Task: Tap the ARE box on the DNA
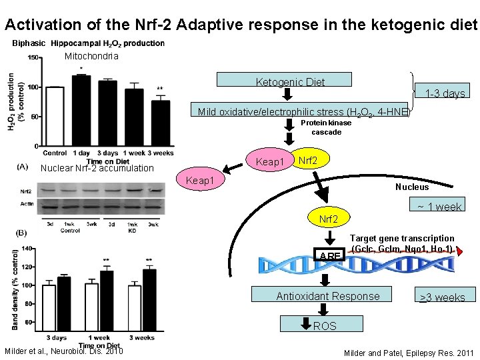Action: tap(329, 255)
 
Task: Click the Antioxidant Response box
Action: tap(328, 296)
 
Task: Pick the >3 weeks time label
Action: tap(441, 297)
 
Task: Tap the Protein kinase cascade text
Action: tap(326, 127)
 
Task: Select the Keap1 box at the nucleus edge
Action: tap(200, 181)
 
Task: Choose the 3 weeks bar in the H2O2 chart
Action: tap(161, 123)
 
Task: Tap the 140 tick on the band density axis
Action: tap(26, 248)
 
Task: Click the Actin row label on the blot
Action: tap(27, 203)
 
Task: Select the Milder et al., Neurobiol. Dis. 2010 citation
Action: tap(63, 352)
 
